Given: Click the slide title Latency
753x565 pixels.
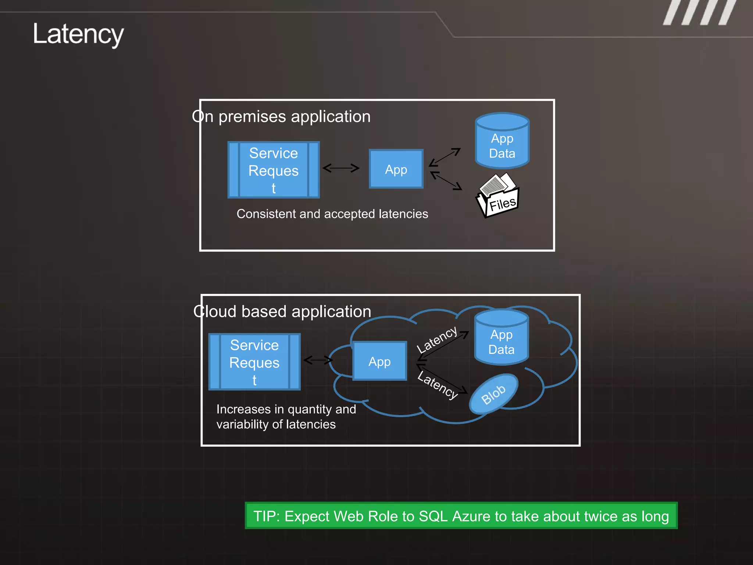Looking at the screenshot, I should [78, 34].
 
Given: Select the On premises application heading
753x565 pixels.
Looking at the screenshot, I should [281, 117].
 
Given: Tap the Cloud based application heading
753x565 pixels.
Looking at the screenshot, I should [282, 312].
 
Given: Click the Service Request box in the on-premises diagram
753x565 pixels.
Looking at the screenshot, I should [274, 170].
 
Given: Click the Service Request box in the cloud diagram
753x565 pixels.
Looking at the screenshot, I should [254, 362].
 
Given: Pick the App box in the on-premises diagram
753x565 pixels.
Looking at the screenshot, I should [396, 169].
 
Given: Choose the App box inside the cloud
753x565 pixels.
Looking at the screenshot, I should [379, 361].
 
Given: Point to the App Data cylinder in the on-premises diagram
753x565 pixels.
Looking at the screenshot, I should [502, 142].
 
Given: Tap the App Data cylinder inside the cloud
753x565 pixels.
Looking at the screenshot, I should [501, 338].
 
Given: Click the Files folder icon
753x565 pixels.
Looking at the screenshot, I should [498, 195].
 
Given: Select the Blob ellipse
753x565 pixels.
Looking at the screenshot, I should [493, 394].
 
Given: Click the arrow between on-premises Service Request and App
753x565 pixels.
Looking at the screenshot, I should [341, 168].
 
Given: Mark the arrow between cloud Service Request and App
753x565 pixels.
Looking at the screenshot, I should [318, 360].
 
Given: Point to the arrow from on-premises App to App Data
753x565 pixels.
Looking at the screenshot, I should [445, 157].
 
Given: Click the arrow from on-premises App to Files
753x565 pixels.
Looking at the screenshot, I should [446, 181].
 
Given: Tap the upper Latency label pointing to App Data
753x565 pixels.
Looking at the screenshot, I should [436, 339].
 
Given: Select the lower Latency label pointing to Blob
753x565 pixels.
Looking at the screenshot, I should [438, 385].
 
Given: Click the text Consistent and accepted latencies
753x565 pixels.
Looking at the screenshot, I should [332, 214].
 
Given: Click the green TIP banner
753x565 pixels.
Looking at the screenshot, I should [461, 516].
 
